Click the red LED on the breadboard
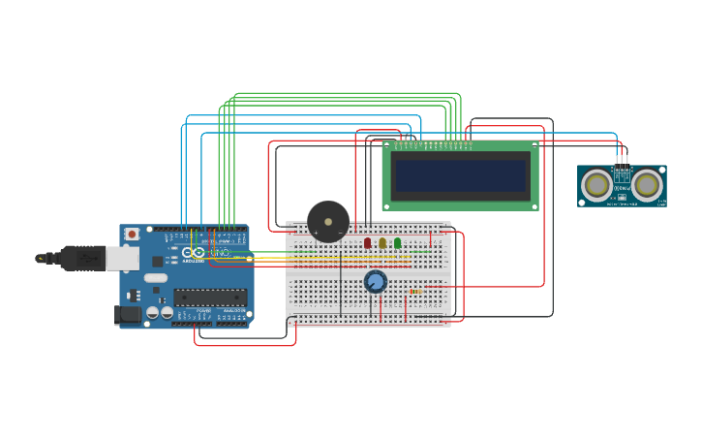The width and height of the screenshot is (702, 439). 368,242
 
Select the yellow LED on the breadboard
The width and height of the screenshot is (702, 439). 382,242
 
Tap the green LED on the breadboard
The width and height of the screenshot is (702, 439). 397,242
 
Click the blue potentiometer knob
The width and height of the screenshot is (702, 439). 376,282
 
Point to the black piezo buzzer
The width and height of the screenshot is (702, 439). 328,221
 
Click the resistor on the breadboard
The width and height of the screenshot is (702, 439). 415,291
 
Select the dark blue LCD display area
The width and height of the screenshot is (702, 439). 460,175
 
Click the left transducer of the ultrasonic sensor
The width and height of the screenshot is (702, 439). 597,184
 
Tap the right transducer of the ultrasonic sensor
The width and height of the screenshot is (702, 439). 646,184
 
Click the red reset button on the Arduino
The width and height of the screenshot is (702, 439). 132,235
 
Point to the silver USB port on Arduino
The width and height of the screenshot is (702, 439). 121,258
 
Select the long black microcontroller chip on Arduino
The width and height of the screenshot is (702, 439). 209,298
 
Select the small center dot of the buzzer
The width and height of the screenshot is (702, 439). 328,221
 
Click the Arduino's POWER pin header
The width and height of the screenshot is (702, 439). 192,323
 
